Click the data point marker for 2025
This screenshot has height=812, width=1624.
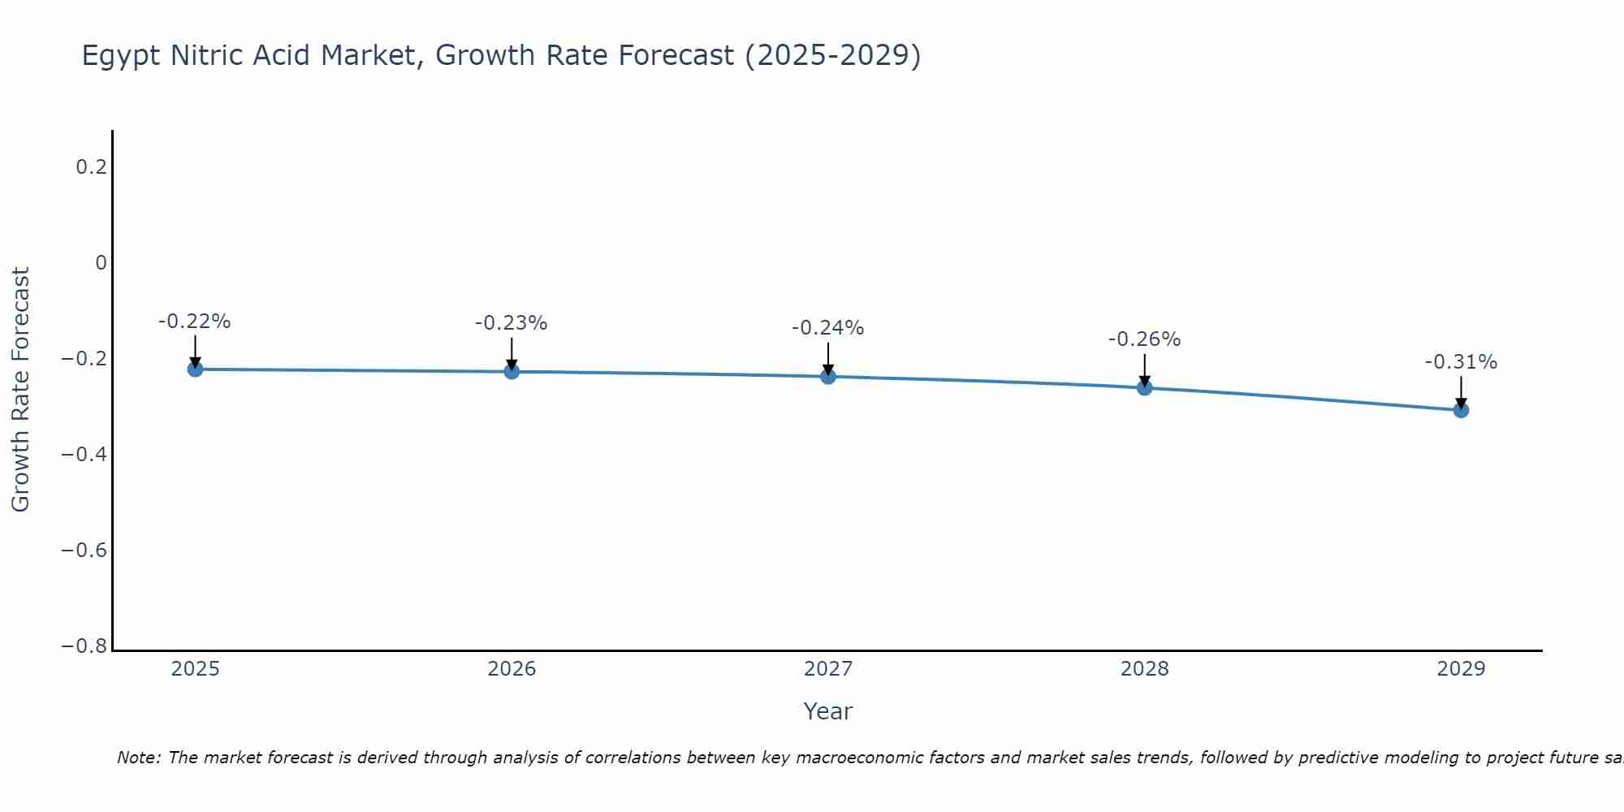(195, 369)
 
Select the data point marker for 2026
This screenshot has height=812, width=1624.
(512, 371)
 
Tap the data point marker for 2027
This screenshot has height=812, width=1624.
(828, 376)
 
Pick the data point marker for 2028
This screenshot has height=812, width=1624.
(1144, 387)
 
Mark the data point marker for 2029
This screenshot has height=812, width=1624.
(1461, 410)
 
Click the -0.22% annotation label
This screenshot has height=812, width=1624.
(195, 322)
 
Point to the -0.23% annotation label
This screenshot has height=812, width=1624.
(512, 324)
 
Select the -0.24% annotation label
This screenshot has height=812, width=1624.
(828, 329)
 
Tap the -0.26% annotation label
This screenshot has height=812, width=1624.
(1144, 340)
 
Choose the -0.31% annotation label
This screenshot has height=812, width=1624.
(1461, 363)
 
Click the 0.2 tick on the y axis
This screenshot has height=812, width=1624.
(91, 167)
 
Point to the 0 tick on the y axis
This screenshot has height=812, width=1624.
(101, 263)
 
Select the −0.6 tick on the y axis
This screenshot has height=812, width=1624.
(84, 551)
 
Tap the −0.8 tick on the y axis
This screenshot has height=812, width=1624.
(84, 646)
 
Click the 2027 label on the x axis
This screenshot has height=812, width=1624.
(828, 669)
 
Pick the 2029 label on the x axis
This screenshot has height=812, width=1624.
(1461, 669)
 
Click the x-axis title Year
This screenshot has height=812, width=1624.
(828, 712)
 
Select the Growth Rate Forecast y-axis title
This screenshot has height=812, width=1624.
(21, 390)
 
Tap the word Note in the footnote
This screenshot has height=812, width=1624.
(138, 758)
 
